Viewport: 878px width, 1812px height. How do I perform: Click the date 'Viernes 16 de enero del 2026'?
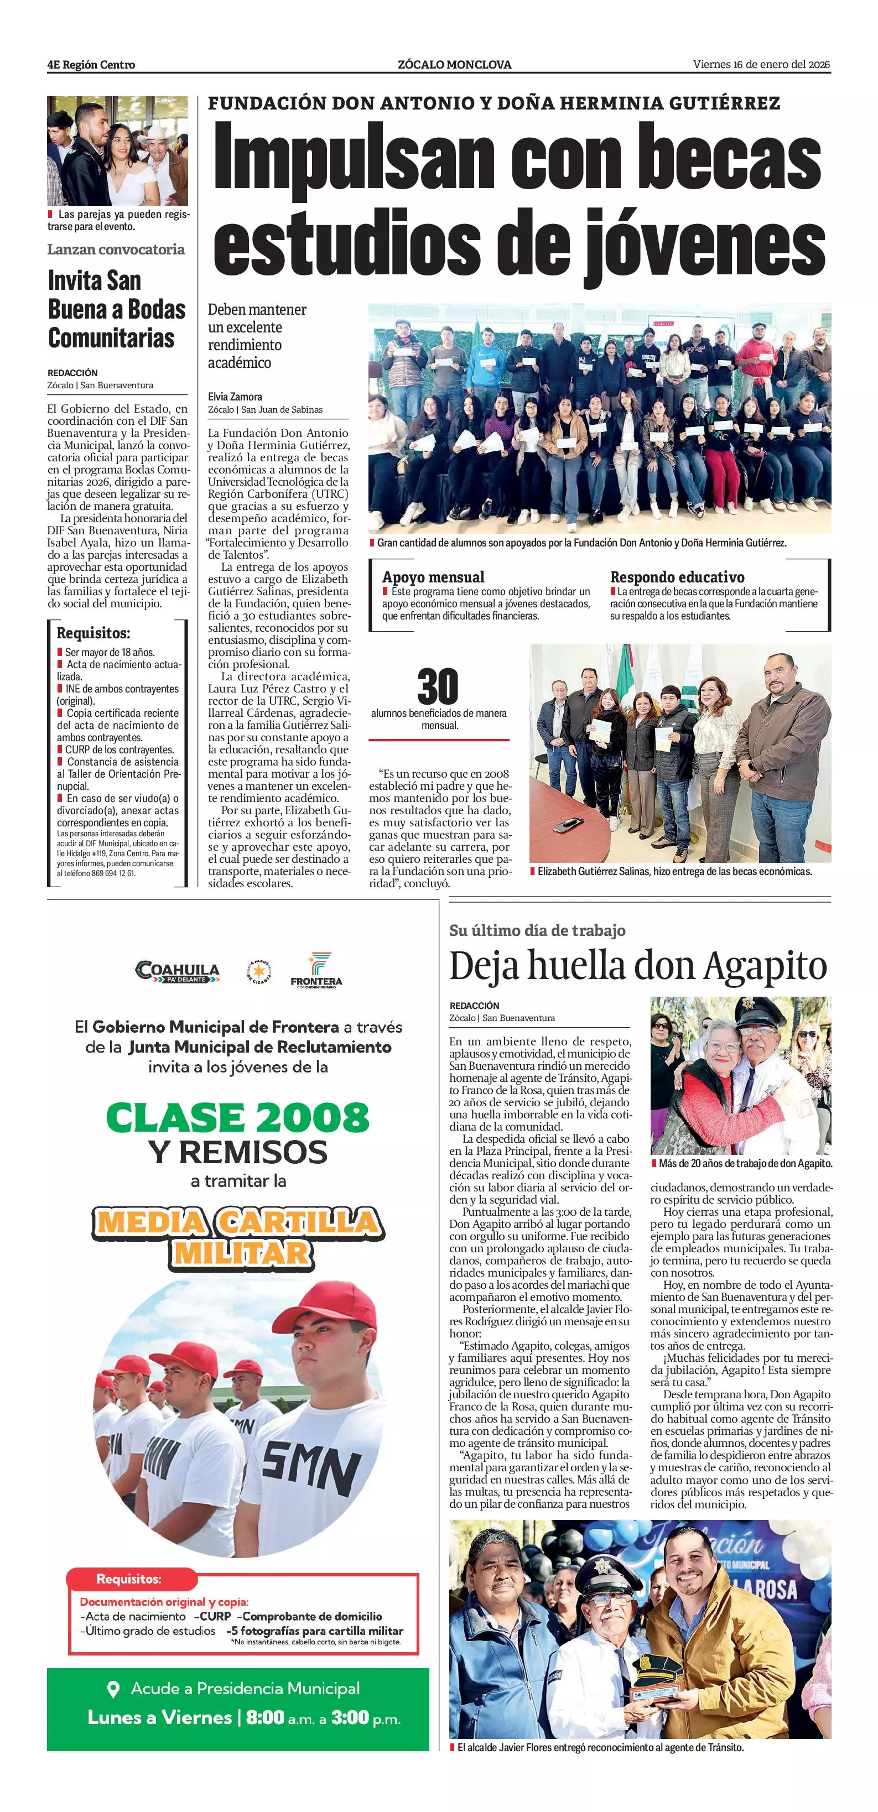click(x=761, y=64)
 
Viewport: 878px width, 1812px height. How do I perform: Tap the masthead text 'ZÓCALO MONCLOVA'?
click(x=454, y=65)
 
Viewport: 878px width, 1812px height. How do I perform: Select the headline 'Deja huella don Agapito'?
click(x=638, y=966)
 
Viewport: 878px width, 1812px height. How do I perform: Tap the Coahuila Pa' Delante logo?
click(x=177, y=972)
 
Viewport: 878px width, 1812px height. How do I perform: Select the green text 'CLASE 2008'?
click(x=238, y=1117)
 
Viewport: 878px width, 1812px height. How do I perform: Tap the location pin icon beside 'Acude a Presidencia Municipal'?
click(x=112, y=1688)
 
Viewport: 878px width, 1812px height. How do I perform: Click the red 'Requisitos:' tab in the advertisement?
click(x=129, y=1579)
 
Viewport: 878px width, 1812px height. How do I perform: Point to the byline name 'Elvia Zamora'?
click(x=235, y=397)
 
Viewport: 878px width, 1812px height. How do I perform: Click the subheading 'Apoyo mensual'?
click(x=433, y=577)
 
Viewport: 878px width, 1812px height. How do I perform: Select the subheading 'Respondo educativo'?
click(x=677, y=577)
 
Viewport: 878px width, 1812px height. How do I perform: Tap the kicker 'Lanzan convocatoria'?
click(x=116, y=249)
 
